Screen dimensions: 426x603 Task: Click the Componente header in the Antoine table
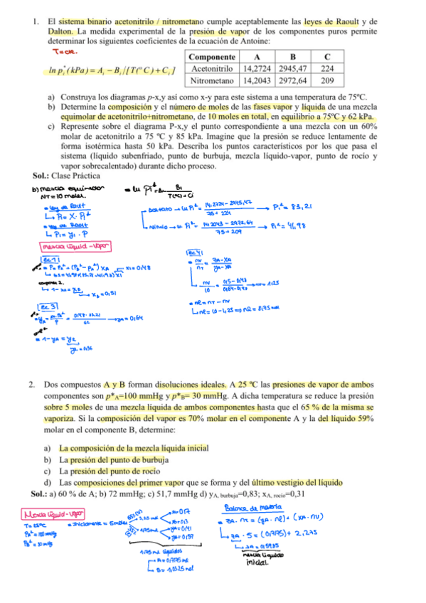point(213,56)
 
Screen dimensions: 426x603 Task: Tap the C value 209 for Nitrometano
point(326,81)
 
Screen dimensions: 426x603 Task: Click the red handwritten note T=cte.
point(65,51)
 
